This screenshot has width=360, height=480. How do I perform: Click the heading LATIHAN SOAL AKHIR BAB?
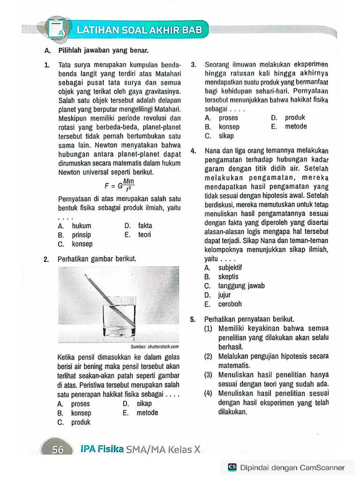click(139, 30)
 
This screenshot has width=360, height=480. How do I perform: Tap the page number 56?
click(58, 450)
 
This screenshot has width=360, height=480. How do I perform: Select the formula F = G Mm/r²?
click(119, 185)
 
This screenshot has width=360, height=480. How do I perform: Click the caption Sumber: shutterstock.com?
click(155, 347)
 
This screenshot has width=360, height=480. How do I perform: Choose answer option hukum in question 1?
click(82, 226)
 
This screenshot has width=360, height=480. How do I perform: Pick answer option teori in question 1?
click(144, 235)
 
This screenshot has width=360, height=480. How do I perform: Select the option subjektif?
click(230, 268)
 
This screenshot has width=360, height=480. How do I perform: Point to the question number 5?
click(193, 320)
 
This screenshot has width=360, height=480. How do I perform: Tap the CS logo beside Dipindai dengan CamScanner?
click(232, 467)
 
